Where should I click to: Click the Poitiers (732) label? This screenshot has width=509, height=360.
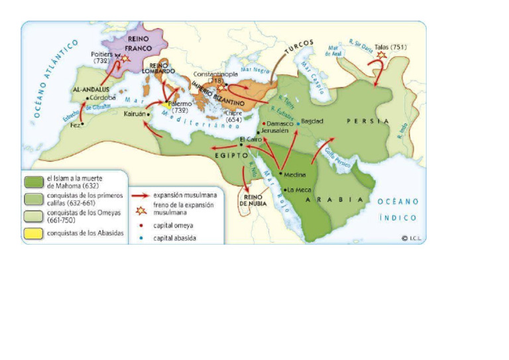(x=101, y=56)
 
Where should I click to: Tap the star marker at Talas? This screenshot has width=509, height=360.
(x=381, y=55)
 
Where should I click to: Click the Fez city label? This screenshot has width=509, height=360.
(x=76, y=125)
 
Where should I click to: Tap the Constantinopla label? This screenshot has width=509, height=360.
(x=215, y=74)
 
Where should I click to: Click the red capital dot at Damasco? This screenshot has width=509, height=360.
(x=264, y=123)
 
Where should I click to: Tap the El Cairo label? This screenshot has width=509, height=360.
(x=251, y=139)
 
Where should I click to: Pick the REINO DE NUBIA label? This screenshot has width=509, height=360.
(x=254, y=200)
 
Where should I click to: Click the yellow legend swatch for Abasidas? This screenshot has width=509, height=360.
(x=32, y=233)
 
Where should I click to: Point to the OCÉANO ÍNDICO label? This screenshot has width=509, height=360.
(x=398, y=210)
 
